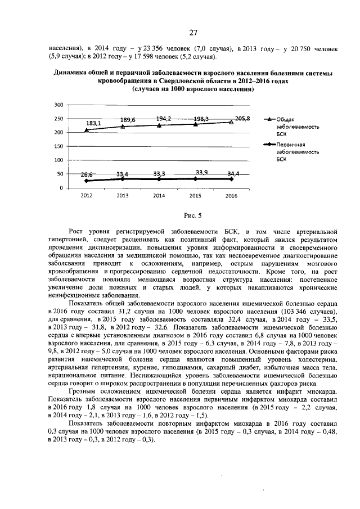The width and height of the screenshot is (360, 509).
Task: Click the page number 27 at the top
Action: pos(193,32)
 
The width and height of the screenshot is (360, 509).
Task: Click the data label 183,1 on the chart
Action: pos(93,123)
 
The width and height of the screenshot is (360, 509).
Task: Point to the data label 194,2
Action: pos(164,119)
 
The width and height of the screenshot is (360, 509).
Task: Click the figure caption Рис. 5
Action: pos(193,215)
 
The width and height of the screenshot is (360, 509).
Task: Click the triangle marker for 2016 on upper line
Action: pos(231,122)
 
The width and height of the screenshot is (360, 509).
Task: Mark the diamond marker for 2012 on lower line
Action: pos(86,181)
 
